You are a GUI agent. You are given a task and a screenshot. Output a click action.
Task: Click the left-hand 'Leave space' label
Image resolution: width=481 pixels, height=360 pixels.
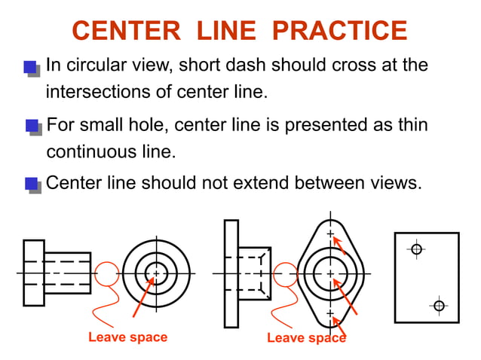(x=127, y=337)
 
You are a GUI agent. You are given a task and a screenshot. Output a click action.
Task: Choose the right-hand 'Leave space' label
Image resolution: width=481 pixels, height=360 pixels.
(x=306, y=337)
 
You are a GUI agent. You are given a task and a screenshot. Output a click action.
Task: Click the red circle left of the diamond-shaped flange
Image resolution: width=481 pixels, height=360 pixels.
(x=285, y=274)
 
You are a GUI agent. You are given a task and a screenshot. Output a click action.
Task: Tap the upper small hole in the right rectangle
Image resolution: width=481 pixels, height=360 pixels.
(x=415, y=249)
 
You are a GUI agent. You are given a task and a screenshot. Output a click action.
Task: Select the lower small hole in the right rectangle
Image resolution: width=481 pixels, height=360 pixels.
(x=440, y=305)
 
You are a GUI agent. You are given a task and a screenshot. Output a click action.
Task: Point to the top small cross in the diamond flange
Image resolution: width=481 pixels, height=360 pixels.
(x=329, y=234)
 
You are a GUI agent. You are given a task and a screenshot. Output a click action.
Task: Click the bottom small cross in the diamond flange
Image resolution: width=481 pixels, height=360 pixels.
(x=329, y=312)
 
